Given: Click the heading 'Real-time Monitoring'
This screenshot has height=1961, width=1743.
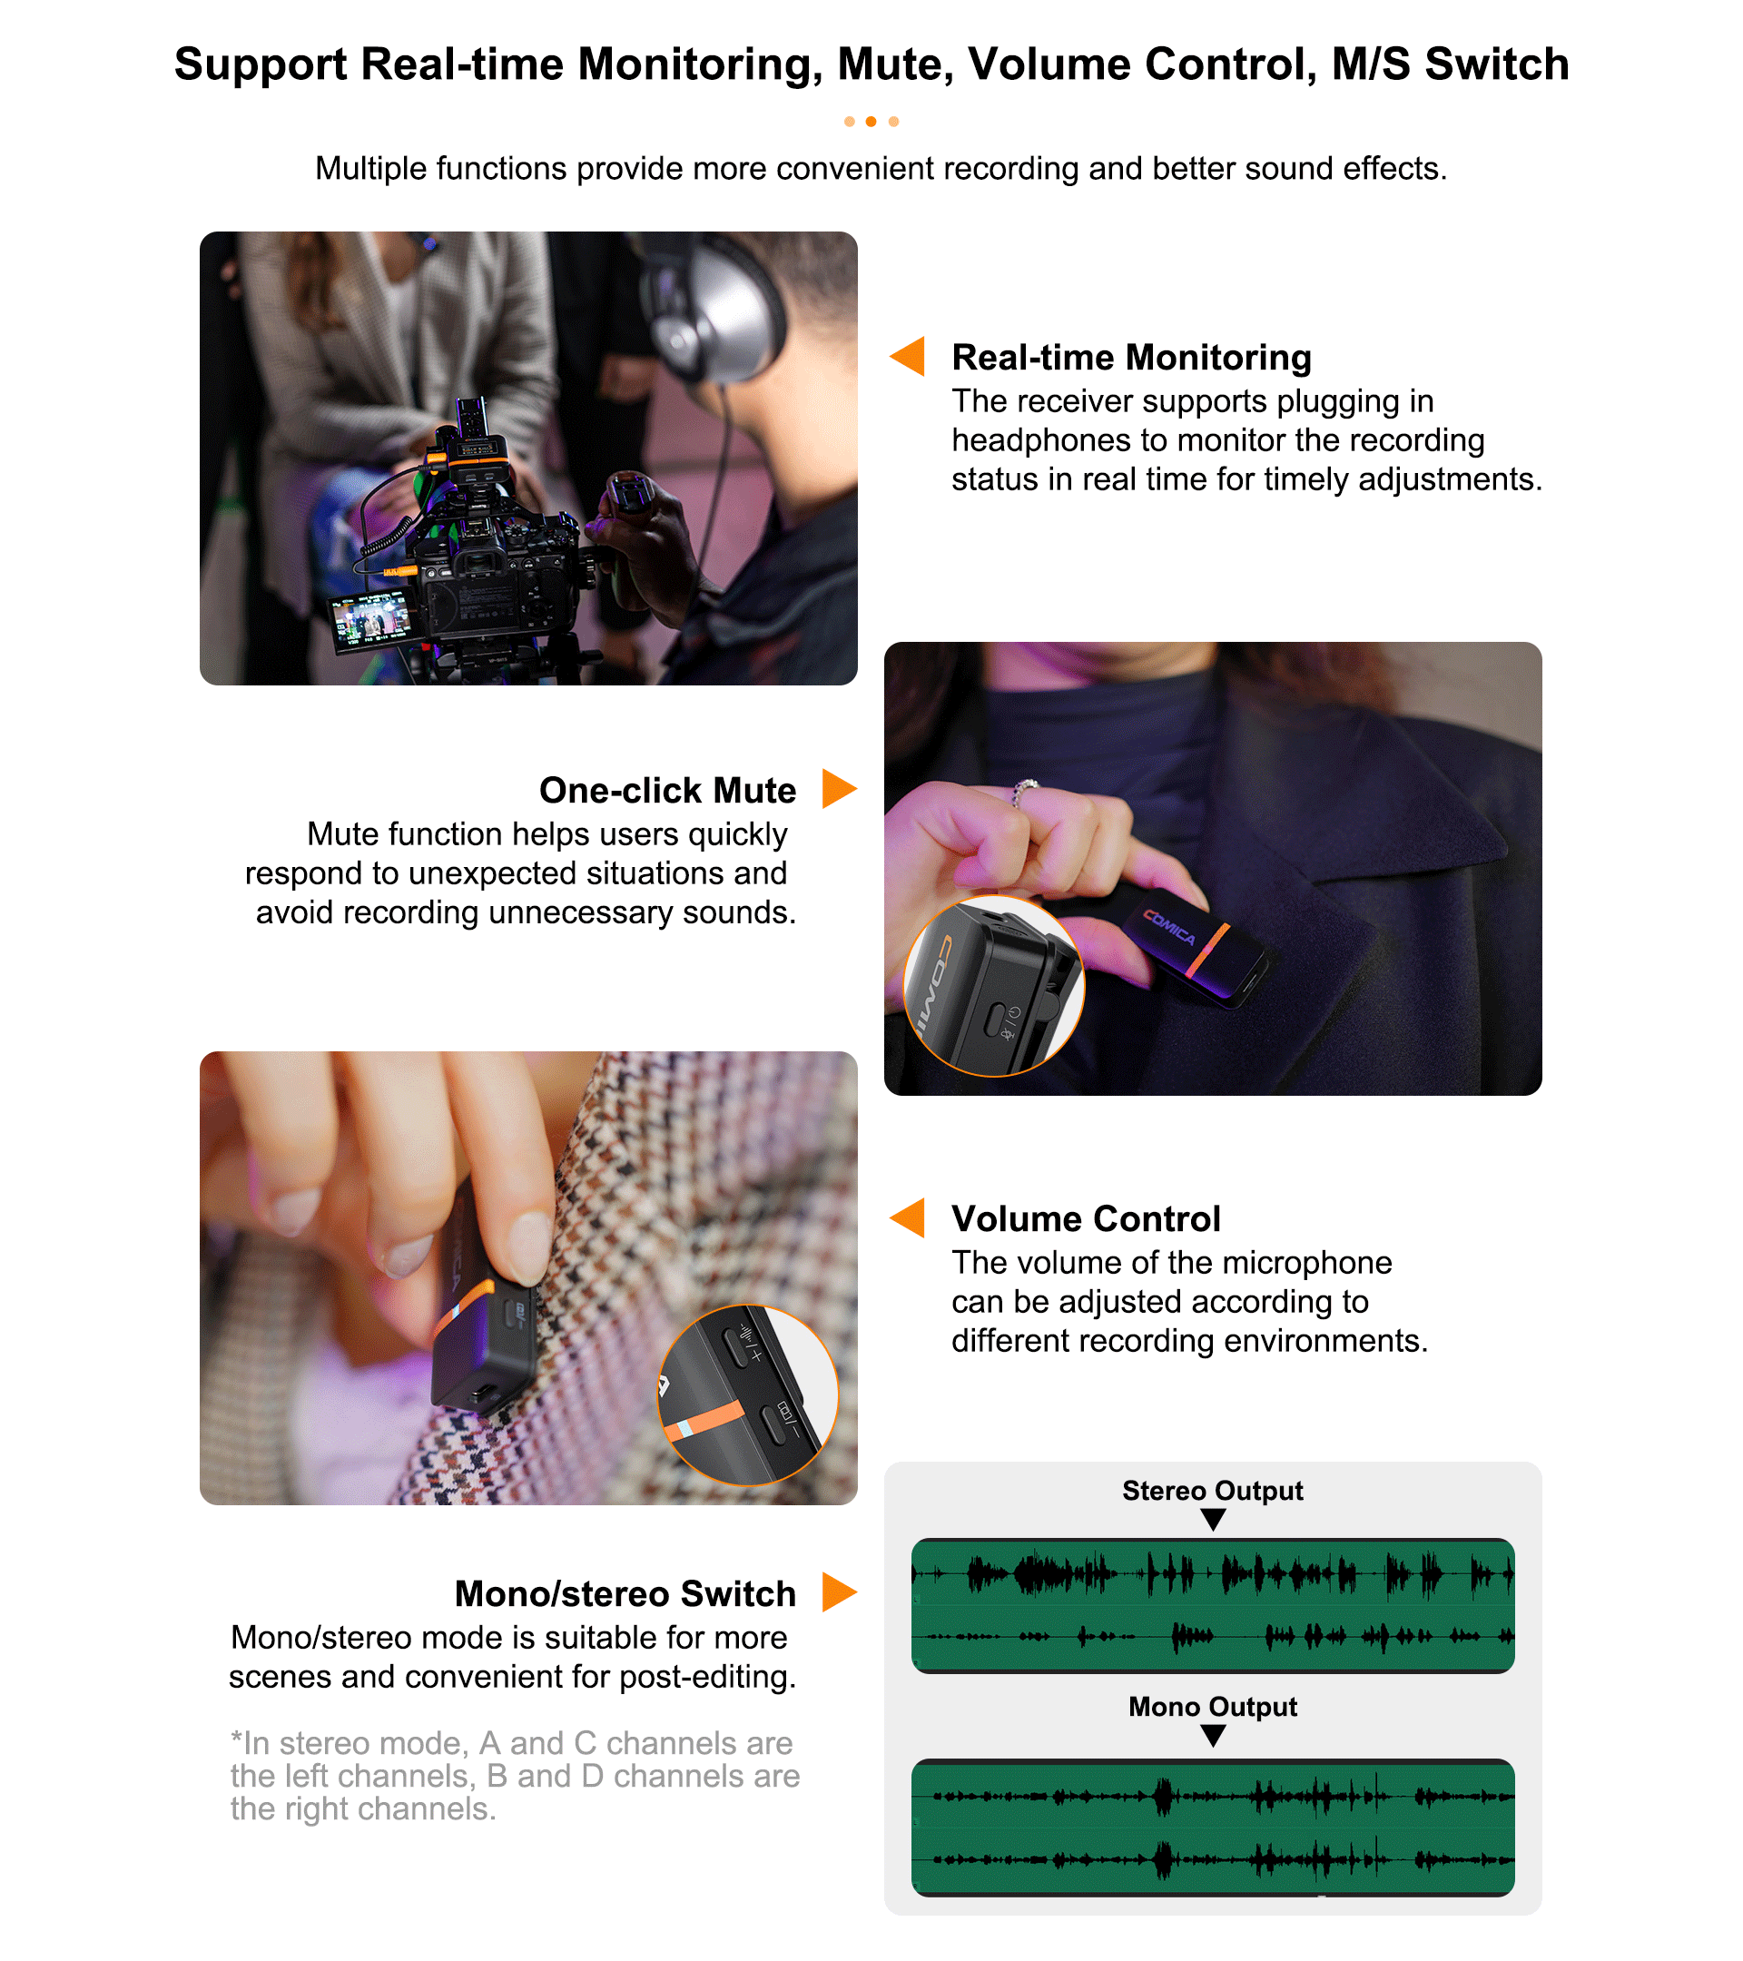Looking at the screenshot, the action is [1131, 357].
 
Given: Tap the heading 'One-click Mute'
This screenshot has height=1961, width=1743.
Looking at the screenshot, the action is [667, 790].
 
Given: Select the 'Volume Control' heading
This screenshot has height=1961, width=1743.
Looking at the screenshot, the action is [1086, 1218].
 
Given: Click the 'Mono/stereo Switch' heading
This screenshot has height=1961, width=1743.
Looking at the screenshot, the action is [625, 1592].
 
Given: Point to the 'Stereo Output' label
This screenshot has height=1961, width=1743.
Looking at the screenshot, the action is [1213, 1490].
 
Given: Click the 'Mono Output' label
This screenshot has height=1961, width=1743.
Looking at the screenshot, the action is [1213, 1706].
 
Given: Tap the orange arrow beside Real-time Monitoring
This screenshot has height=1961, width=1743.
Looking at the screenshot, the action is [908, 356].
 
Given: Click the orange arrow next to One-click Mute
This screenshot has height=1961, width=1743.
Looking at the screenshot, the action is [840, 789].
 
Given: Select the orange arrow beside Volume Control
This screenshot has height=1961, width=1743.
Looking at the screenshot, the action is [908, 1217].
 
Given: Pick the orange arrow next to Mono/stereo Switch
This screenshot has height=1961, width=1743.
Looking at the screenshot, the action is [840, 1591].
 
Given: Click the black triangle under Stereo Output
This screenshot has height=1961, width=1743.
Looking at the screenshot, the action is [1214, 1519].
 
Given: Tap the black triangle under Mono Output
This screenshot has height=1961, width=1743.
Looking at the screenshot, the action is [1214, 1735].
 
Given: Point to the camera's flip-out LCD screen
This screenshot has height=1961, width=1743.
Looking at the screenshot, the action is [370, 619].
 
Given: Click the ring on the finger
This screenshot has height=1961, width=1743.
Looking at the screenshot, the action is [1025, 792].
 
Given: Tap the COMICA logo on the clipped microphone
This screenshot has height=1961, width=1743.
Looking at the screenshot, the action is [1169, 927].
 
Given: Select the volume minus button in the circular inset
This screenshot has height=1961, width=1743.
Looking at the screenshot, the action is [773, 1423].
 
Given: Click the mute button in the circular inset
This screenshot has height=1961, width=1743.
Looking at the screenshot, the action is [994, 1020].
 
